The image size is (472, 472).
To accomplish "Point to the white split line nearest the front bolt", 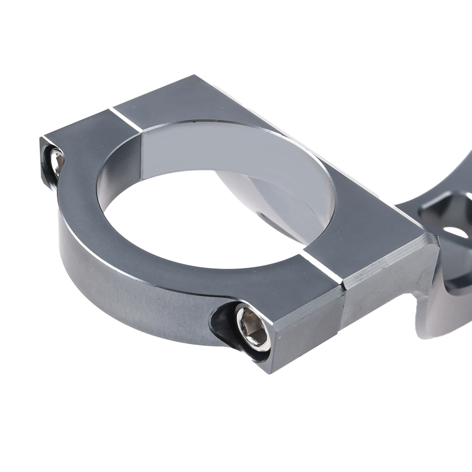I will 322,267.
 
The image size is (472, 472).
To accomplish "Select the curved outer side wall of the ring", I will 131,302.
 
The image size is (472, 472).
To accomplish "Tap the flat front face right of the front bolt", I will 306,332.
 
